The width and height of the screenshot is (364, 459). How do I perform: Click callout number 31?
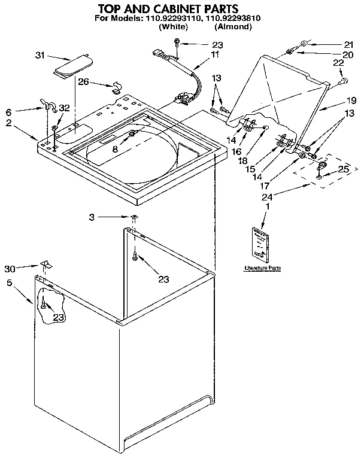click(x=40, y=56)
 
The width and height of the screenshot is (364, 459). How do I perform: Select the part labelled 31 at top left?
click(x=73, y=66)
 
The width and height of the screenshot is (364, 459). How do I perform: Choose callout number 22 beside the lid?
click(x=338, y=63)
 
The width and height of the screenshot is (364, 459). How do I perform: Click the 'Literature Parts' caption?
click(x=262, y=269)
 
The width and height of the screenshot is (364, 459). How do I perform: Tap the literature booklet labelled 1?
click(x=262, y=243)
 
